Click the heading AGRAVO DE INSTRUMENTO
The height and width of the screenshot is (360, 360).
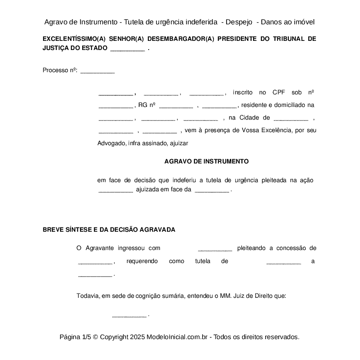(206, 161)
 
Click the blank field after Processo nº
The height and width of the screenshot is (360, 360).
(97, 71)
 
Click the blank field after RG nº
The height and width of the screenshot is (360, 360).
(176, 106)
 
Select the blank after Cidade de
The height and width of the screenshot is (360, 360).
(291, 118)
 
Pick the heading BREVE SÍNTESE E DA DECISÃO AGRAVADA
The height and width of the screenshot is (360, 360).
(109, 230)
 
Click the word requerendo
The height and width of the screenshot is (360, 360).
(142, 261)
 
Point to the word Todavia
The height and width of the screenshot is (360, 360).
(88, 296)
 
